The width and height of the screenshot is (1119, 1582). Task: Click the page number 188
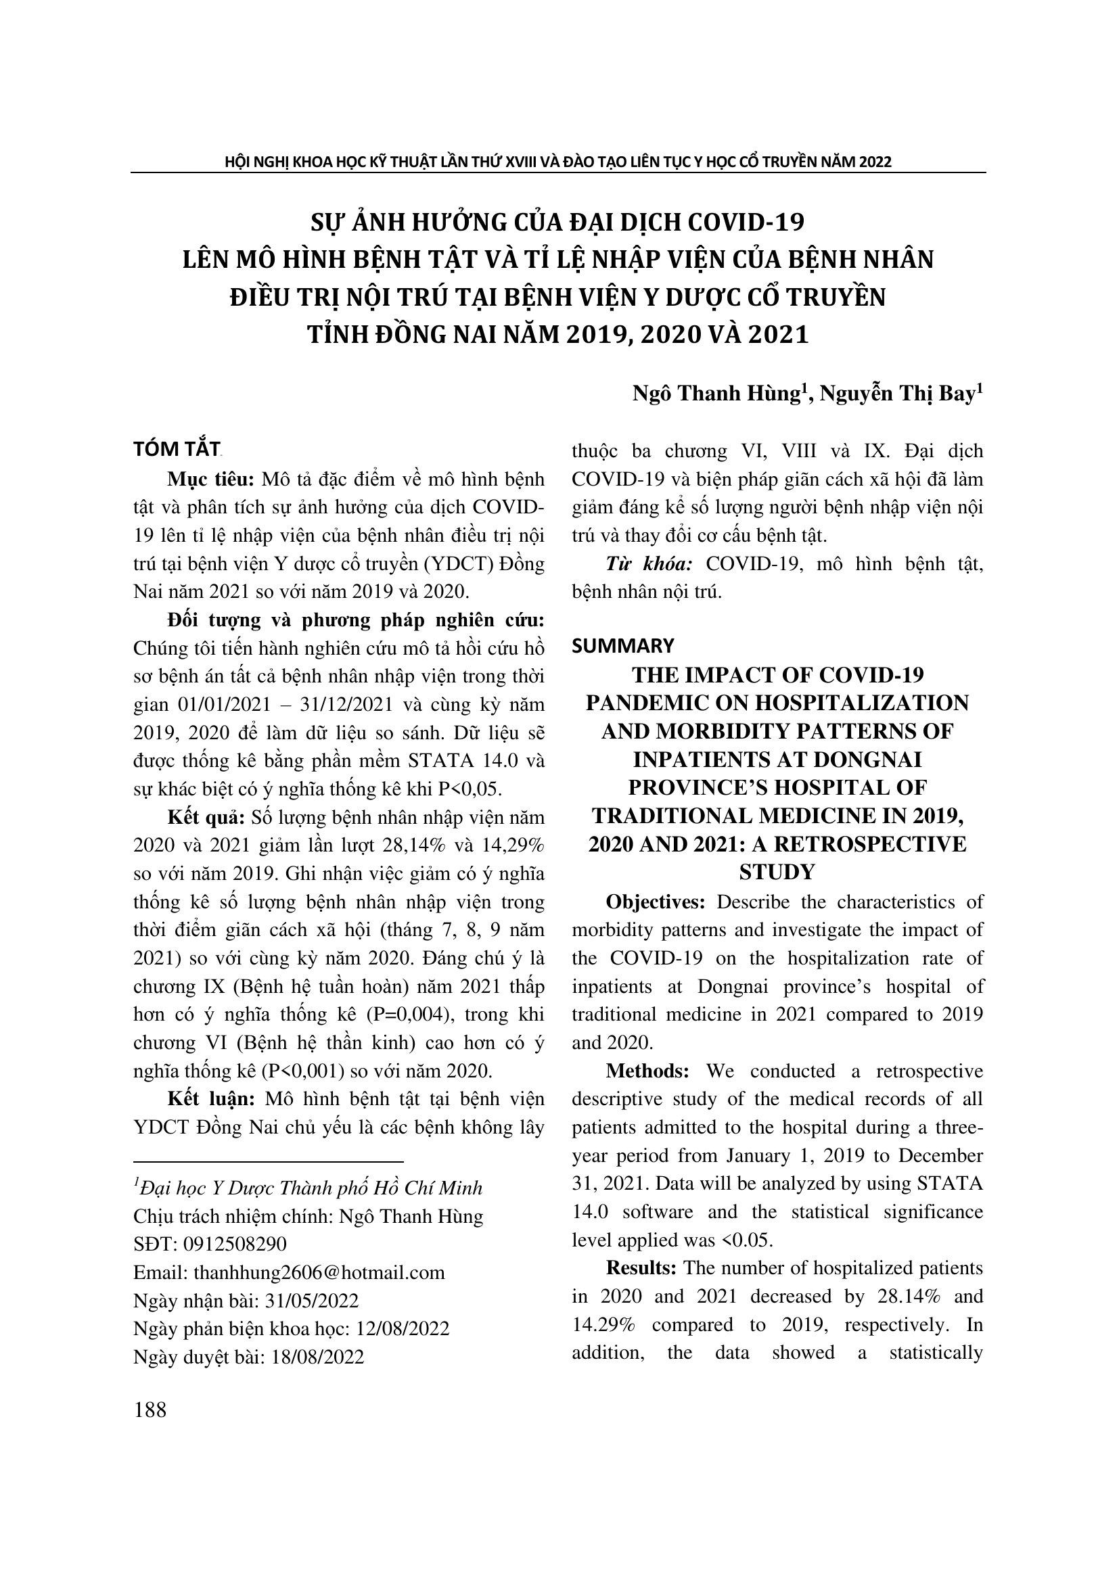pos(150,1410)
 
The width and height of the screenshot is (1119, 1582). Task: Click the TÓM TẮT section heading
pos(177,449)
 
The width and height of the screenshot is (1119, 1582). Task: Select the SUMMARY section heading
pos(623,646)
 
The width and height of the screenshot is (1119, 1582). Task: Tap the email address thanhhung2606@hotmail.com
pos(319,1272)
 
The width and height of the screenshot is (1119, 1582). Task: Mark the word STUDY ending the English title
pos(777,873)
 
